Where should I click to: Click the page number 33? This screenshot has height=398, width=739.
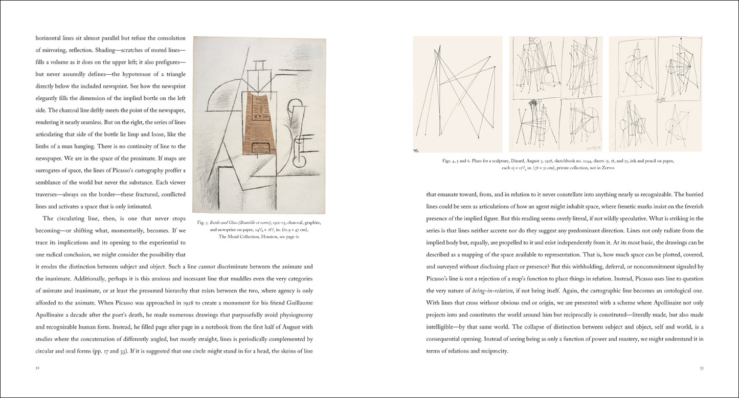(701, 368)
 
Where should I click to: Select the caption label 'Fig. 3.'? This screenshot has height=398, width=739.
(202, 223)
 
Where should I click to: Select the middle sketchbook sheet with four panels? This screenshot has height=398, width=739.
(556, 94)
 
